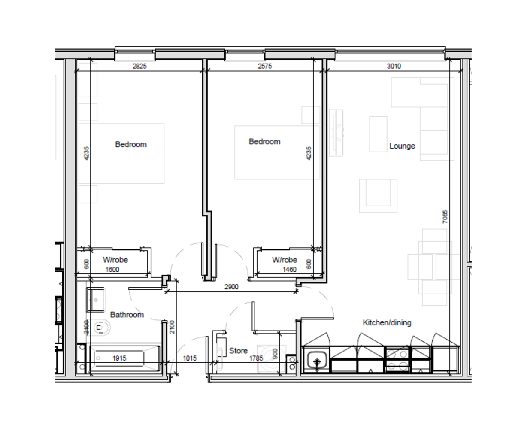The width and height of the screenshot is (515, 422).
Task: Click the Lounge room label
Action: pos(402,146)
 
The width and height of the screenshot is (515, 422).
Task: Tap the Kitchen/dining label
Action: pos(387,322)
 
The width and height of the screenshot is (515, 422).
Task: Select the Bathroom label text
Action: pos(127,315)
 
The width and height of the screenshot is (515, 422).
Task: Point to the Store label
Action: pos(238,351)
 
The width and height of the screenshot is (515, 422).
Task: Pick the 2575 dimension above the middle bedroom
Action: pos(264,66)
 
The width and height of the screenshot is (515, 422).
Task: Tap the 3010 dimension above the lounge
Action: pos(394,66)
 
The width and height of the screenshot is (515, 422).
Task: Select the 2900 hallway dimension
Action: pos(231,287)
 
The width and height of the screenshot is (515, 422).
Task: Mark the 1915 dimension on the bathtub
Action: pos(119,358)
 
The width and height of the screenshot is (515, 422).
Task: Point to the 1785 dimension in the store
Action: pos(255,358)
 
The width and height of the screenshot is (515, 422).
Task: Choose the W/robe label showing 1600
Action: pos(115,260)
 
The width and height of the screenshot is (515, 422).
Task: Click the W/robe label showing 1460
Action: pos(284,260)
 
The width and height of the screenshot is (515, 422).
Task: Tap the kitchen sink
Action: pos(317,360)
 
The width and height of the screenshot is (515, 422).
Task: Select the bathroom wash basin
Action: pos(95,299)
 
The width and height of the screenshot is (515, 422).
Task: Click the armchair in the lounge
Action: pos(378,195)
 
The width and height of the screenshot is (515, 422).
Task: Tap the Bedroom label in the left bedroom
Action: pos(131,145)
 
